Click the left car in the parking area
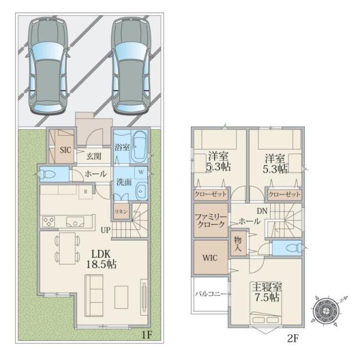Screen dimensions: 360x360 pyautogui.click(x=47, y=66)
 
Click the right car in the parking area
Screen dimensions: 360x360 pyautogui.click(x=131, y=66)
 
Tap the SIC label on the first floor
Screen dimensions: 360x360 pyautogui.click(x=65, y=150)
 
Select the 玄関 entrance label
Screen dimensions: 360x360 pyautogui.click(x=94, y=157)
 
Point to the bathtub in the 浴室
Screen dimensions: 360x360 pyautogui.click(x=139, y=147)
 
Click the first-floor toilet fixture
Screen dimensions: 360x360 pyautogui.click(x=48, y=175)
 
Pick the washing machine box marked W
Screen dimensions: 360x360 pyautogui.click(x=141, y=172)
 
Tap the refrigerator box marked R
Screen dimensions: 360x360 pyautogui.click(x=86, y=192)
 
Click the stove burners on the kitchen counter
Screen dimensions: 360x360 pyautogui.click(x=49, y=222)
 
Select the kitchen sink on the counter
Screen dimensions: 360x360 pyautogui.click(x=75, y=222)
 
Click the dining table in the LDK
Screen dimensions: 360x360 pyautogui.click(x=67, y=248)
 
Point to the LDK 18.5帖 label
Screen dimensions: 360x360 pyautogui.click(x=101, y=259)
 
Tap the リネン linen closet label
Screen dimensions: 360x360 pyautogui.click(x=121, y=211)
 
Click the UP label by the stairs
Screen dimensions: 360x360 pyautogui.click(x=106, y=230)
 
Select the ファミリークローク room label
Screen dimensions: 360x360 pyautogui.click(x=211, y=220)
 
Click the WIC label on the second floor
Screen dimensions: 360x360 pyautogui.click(x=210, y=258)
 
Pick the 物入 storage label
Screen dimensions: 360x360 pyautogui.click(x=238, y=244)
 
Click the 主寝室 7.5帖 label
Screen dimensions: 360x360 pyautogui.click(x=267, y=292)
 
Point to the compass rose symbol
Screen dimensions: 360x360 pyautogui.click(x=327, y=311)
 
